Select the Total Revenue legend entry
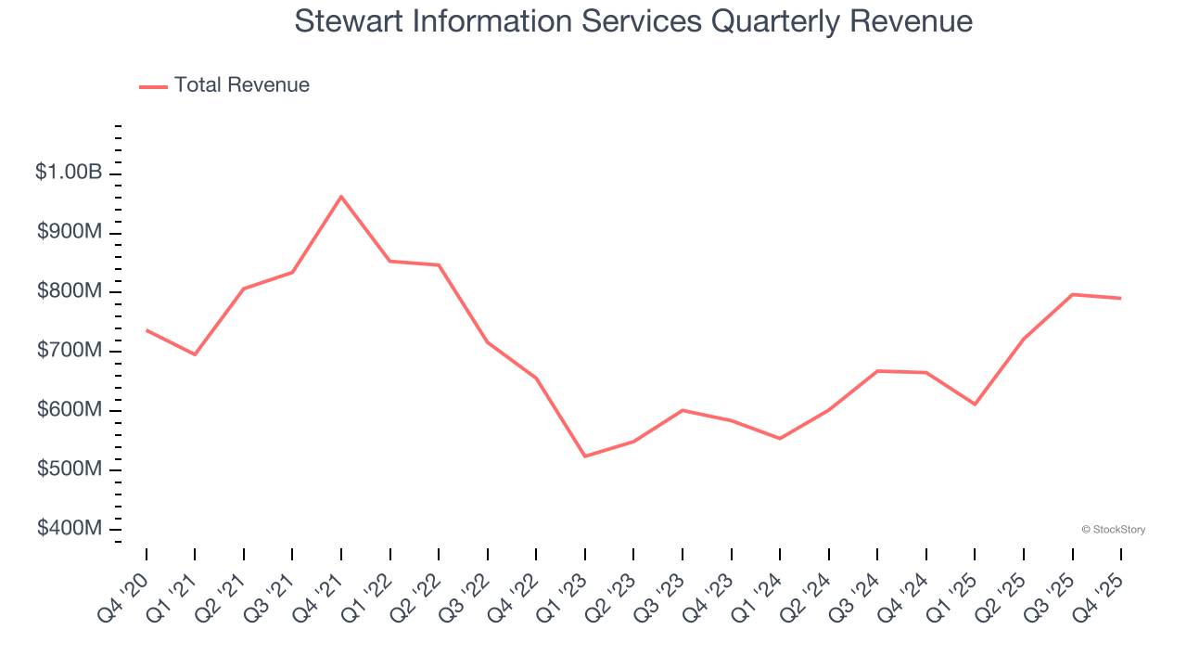224,85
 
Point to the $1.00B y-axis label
69,173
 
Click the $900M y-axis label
69,232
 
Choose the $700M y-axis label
69,351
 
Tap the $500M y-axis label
69,469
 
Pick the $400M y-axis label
69,529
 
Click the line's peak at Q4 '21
341,197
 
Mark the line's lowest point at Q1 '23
585,456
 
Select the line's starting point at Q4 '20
147,330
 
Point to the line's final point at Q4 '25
1121,298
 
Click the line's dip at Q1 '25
975,405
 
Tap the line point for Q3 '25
1072,294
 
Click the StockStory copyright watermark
1113,530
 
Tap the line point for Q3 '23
683,410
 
